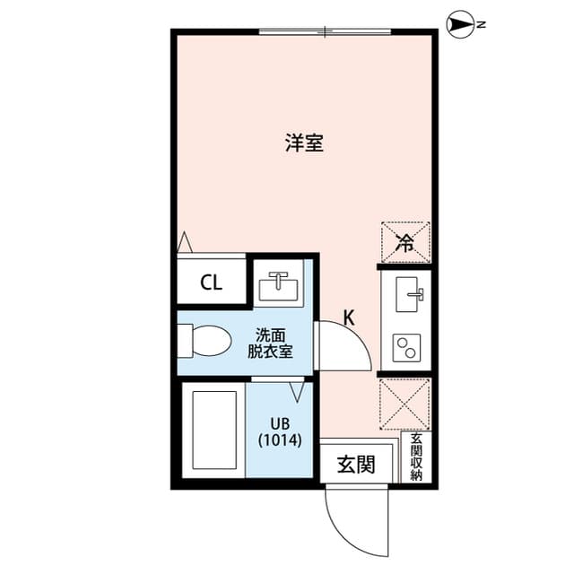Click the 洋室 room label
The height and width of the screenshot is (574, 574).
305,143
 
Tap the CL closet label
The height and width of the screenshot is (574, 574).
211,284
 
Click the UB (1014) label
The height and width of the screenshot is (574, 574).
279,432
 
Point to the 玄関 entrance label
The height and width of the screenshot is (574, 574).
355,465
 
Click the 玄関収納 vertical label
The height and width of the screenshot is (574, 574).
416,457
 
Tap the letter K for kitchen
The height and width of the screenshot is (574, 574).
349,317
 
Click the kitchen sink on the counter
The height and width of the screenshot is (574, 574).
409,293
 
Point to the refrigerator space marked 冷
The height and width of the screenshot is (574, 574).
405,241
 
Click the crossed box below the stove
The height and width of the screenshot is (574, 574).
405,404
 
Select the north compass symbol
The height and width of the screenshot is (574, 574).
460,25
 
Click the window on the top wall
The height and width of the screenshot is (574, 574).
325,32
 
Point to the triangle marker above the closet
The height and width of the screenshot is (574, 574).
186,242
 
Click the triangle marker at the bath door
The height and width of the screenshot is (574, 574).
298,391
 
